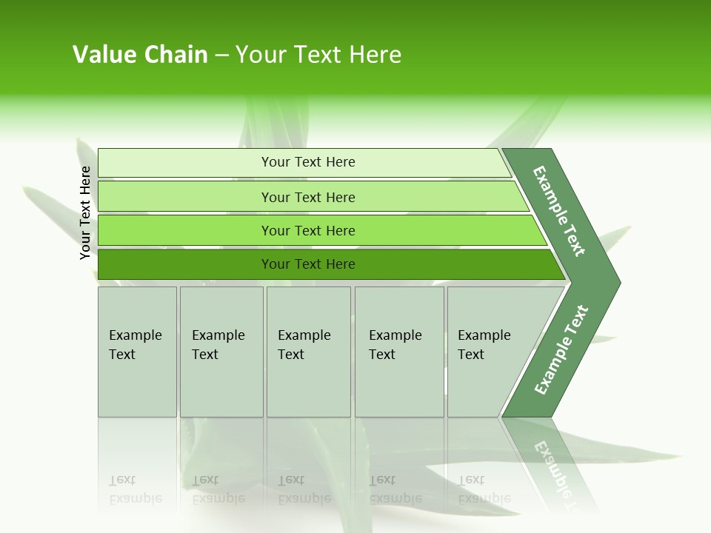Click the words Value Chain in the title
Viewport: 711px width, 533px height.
(140, 55)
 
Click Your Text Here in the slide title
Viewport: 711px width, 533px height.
(318, 55)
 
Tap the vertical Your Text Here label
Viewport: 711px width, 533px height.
(86, 212)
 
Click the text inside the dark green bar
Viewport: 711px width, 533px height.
(308, 264)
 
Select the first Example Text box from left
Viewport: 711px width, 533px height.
(137, 352)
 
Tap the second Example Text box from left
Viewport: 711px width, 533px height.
(221, 352)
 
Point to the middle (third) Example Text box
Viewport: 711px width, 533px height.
(307, 352)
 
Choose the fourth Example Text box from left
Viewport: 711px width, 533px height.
(398, 352)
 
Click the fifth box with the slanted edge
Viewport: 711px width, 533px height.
(489, 352)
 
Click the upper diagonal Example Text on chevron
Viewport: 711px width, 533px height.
(559, 211)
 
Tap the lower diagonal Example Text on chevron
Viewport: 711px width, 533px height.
(561, 350)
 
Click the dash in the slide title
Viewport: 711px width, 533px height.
(221, 56)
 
